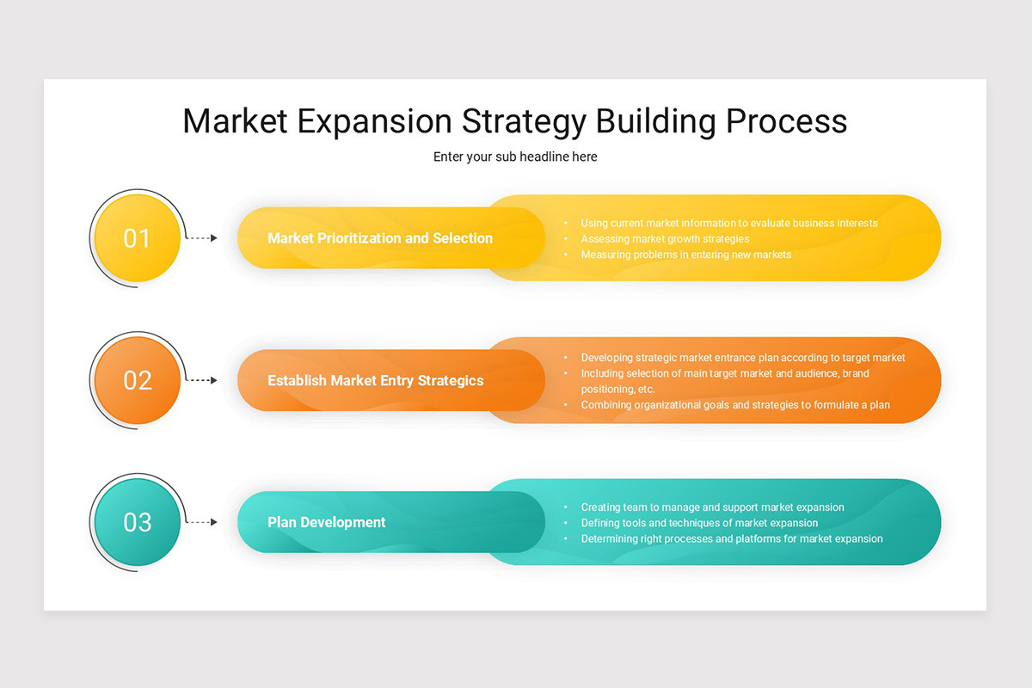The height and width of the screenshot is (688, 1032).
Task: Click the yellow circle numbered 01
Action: tap(137, 238)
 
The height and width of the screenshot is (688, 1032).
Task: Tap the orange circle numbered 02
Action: tap(137, 380)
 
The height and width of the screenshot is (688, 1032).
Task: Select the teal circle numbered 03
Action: tap(137, 522)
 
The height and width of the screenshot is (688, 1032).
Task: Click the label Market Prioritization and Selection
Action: tap(380, 238)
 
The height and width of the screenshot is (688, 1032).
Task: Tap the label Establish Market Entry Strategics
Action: tap(376, 380)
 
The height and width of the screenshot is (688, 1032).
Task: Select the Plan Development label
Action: tap(327, 522)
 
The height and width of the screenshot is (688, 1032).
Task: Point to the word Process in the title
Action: tap(786, 121)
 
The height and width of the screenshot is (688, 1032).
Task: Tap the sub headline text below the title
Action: tap(515, 157)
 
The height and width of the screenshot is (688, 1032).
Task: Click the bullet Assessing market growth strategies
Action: tap(665, 239)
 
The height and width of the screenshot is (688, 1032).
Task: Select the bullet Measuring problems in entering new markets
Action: tap(685, 255)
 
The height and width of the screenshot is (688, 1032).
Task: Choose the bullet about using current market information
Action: tap(729, 223)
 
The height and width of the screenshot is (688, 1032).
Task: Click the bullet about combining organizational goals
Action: tap(735, 404)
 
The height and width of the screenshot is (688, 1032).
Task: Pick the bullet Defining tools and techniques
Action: tap(699, 523)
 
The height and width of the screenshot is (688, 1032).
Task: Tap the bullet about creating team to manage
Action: tap(712, 507)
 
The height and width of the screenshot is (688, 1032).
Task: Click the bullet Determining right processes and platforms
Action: tap(732, 538)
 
